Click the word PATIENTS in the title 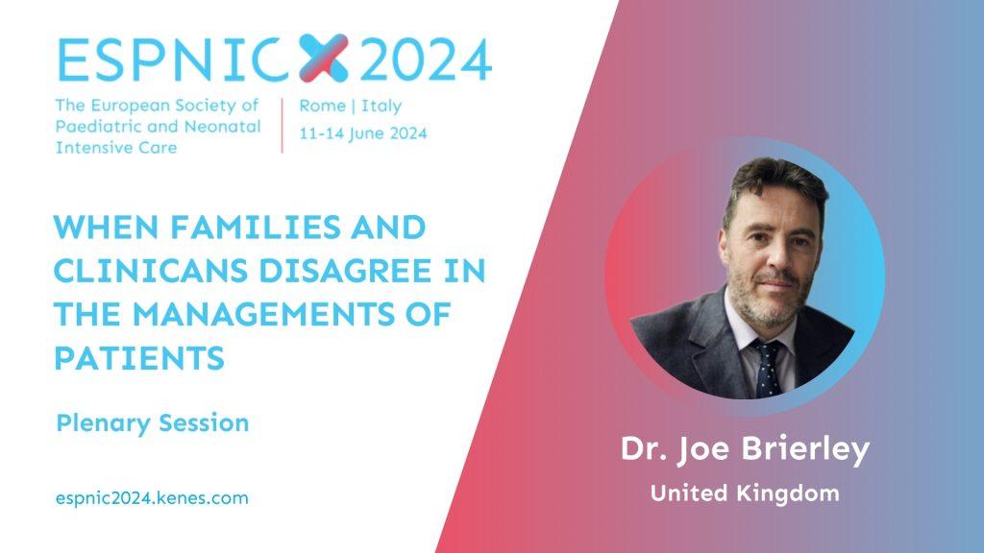click(x=139, y=357)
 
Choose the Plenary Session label click(x=153, y=422)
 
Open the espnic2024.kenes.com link click(x=153, y=498)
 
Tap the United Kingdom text click(x=745, y=494)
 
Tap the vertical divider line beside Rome click(x=282, y=124)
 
